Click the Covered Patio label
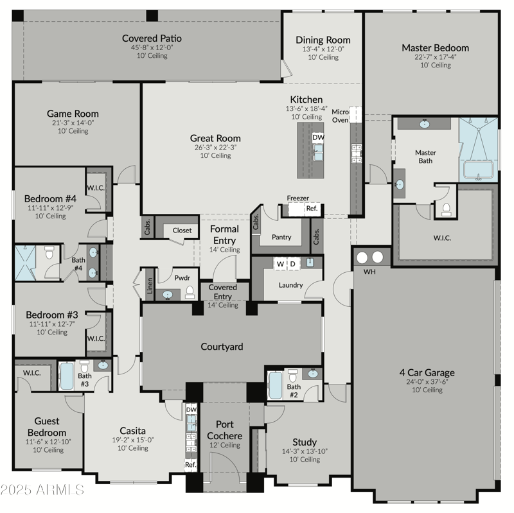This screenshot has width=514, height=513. (x=152, y=39)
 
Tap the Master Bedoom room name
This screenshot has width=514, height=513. (x=435, y=48)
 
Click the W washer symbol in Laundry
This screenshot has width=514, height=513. (x=280, y=264)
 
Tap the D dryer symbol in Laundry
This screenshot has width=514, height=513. (x=292, y=264)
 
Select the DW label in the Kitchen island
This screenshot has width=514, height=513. (x=318, y=137)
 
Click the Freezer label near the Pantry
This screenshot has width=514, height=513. (x=297, y=198)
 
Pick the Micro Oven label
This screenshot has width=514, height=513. (x=340, y=116)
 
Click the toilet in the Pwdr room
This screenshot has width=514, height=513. (x=190, y=293)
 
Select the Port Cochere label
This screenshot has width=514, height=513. (x=224, y=430)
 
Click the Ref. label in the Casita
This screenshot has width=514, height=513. (x=191, y=464)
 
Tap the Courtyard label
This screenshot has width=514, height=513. (x=222, y=347)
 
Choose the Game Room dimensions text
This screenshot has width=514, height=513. (x=73, y=123)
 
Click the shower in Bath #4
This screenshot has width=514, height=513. (x=26, y=263)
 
